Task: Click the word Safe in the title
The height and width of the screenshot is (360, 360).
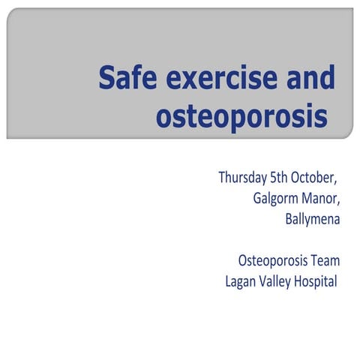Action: pos(124,79)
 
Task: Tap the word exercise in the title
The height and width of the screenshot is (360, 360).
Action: pos(211,79)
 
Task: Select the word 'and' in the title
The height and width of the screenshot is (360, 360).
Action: pos(308,79)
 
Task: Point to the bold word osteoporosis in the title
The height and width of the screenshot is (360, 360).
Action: pos(242,117)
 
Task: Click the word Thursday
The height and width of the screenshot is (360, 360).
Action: pos(242,178)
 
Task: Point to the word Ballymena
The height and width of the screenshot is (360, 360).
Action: pos(313,220)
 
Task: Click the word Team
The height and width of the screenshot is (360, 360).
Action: pos(325,261)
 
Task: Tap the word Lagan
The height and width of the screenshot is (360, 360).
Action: pos(241,282)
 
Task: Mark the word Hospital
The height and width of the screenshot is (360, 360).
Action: pos(316,282)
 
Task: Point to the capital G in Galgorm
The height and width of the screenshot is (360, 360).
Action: pos(258,199)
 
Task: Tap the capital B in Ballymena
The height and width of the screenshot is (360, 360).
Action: pos(289,220)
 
